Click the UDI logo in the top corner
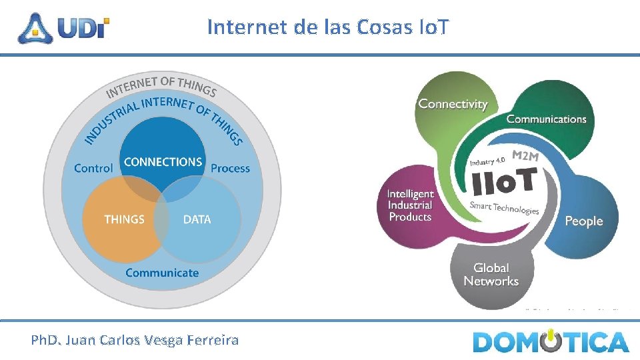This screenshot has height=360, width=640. (x=64, y=27)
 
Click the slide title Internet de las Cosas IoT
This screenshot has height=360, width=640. (x=328, y=27)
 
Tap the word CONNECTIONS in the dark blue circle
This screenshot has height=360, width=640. (x=163, y=162)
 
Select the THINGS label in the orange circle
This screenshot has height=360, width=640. (x=124, y=219)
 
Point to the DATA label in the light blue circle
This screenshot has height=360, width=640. (x=197, y=219)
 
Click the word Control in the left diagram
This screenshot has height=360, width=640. (x=93, y=169)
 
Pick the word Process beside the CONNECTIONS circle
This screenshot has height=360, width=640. (x=230, y=169)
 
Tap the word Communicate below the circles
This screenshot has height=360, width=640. (x=162, y=273)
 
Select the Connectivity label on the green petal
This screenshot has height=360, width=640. (x=453, y=104)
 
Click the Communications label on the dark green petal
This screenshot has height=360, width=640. (x=546, y=119)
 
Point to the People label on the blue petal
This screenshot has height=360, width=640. (x=583, y=221)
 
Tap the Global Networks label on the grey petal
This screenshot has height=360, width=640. (x=491, y=275)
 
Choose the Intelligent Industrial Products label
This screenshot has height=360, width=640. (x=411, y=205)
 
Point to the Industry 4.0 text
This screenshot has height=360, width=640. (x=488, y=161)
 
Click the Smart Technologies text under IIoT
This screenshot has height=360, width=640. (x=504, y=207)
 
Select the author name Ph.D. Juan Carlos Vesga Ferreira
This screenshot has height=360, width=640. (x=135, y=341)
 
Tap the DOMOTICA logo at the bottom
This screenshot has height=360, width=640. (x=551, y=341)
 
